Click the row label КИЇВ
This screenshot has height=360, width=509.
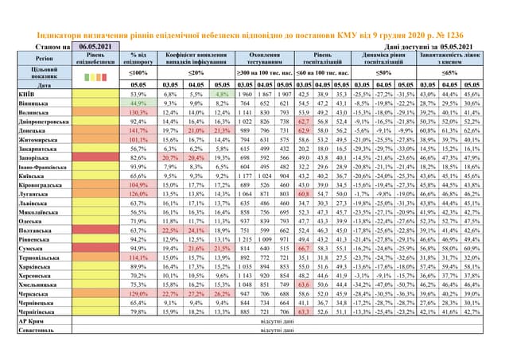[x=25, y=94]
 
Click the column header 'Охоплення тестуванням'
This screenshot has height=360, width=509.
[x=264, y=58]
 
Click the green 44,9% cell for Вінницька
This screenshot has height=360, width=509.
[x=138, y=103]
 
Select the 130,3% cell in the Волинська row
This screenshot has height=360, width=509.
[x=138, y=112]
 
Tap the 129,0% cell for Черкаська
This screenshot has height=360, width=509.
[x=138, y=294]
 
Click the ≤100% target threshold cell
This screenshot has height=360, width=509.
[x=138, y=72]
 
